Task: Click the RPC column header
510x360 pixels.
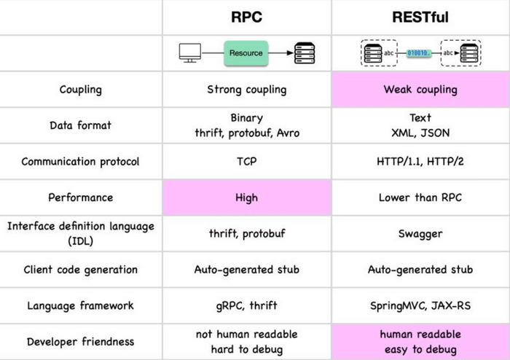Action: click(x=246, y=17)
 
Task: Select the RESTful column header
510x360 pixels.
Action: click(x=420, y=17)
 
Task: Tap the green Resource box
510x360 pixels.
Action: click(x=246, y=53)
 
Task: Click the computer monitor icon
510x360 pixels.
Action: click(x=190, y=53)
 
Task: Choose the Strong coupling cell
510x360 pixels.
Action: click(x=246, y=90)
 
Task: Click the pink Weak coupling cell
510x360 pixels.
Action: click(x=420, y=90)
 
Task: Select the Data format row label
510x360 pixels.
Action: click(x=80, y=125)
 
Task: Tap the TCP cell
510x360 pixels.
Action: click(x=246, y=161)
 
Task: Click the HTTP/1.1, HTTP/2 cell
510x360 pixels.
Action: click(x=420, y=161)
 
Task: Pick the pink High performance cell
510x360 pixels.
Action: click(x=246, y=197)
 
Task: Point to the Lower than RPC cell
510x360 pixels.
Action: click(x=420, y=197)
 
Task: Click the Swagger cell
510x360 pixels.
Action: click(x=420, y=233)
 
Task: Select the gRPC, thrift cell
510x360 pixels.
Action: click(x=246, y=305)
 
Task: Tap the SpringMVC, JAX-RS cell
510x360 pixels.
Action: click(x=420, y=305)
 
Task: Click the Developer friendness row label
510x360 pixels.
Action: click(x=80, y=341)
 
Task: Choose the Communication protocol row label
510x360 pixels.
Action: click(x=80, y=161)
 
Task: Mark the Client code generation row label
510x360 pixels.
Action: click(x=80, y=270)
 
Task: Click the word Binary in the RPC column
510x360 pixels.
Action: click(x=246, y=117)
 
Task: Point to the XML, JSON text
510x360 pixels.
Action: click(x=420, y=132)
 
